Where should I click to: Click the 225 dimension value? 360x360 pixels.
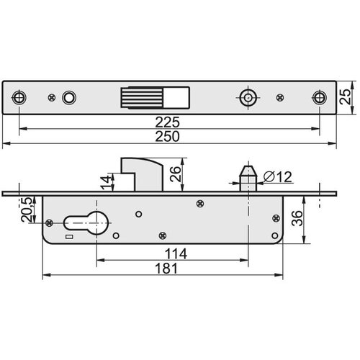point(167,122)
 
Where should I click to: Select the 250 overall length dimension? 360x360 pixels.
point(167,137)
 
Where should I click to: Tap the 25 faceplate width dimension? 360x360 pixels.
point(346,96)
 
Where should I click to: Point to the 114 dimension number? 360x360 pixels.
point(176,253)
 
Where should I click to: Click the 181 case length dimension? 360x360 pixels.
point(166,269)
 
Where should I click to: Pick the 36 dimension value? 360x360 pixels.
point(297,218)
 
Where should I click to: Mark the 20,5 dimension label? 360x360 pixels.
point(27,210)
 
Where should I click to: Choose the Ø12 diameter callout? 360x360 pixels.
point(278,177)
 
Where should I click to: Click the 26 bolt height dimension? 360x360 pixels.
point(175,174)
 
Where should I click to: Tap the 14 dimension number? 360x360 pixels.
point(107,182)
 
